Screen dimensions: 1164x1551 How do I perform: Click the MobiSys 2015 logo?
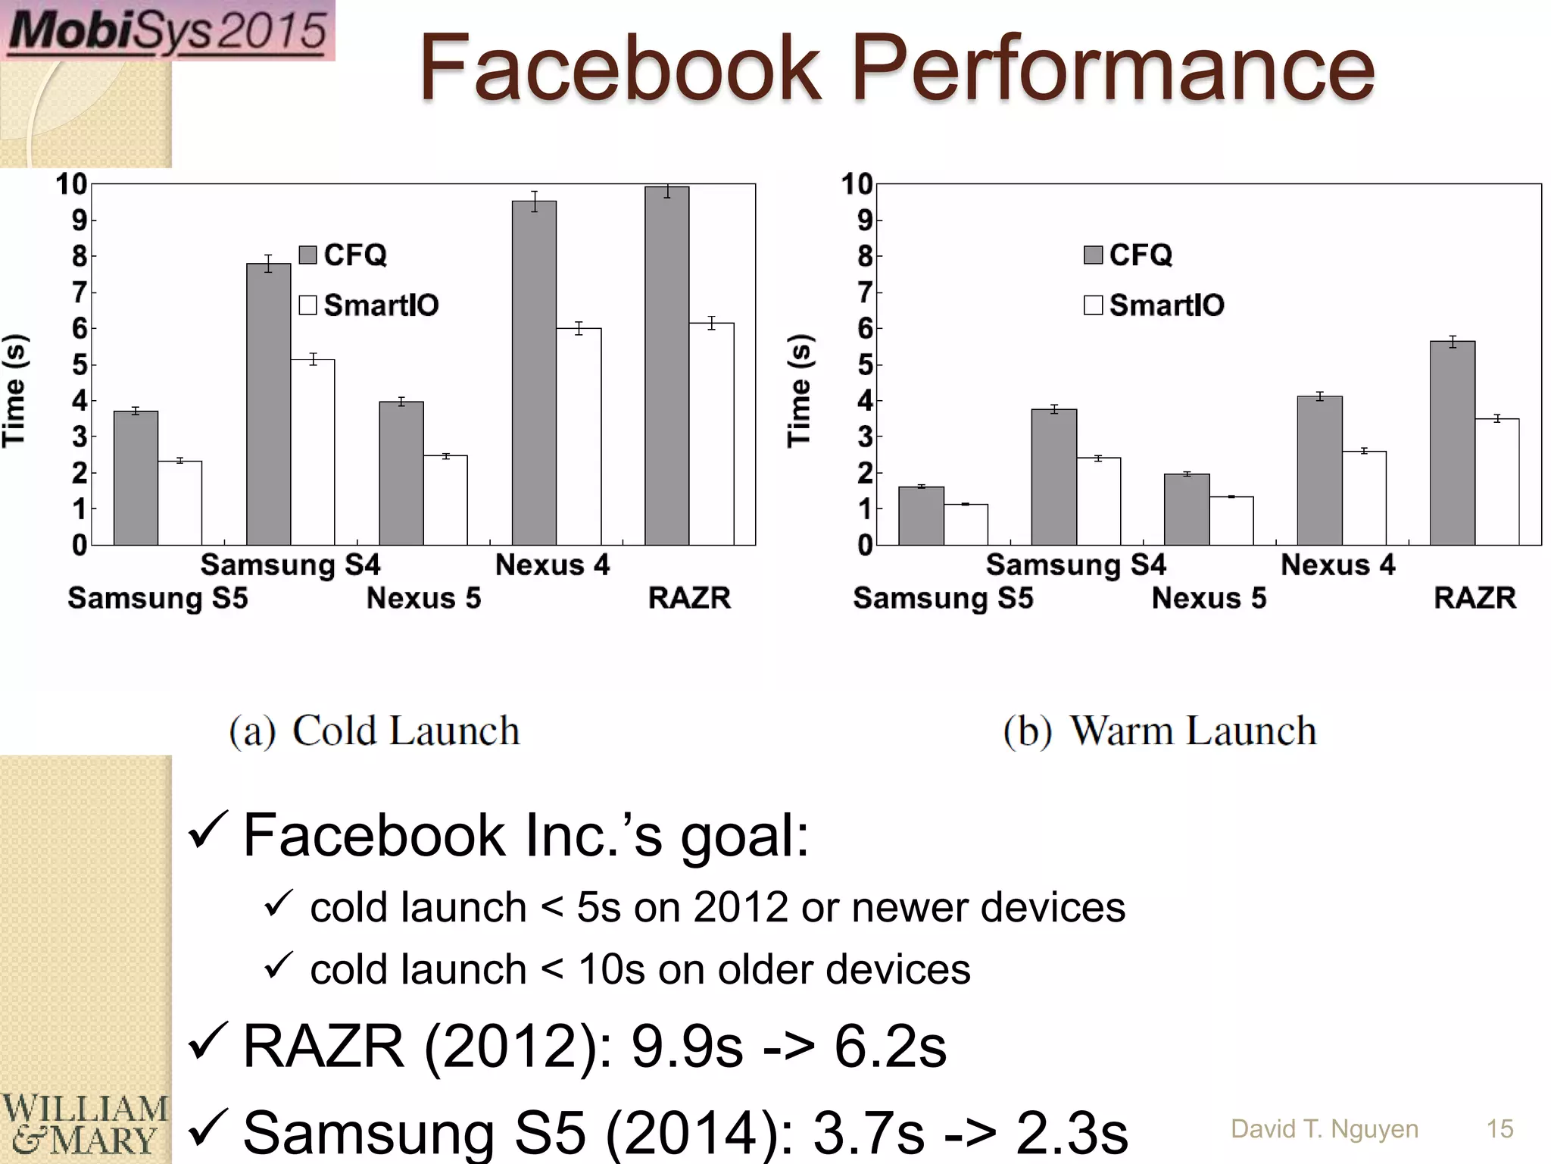167,30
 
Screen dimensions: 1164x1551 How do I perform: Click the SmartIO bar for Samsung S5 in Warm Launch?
966,524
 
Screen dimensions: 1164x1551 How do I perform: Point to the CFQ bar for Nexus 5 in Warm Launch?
1187,509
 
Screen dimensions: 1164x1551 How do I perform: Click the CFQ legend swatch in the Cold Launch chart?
307,255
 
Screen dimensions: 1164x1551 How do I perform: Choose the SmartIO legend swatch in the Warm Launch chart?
1093,305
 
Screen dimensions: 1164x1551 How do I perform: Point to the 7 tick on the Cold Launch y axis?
80,292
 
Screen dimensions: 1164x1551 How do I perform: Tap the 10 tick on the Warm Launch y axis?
857,184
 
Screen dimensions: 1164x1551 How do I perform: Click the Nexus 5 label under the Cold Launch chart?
423,598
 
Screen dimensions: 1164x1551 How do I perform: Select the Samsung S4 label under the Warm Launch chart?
1075,565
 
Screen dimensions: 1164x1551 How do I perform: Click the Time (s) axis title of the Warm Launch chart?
798,391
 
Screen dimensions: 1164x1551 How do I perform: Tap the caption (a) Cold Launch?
375,731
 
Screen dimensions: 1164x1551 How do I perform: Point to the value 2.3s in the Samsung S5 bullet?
1072,1132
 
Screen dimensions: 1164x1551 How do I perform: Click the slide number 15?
1500,1129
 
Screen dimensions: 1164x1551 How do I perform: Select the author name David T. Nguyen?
1325,1129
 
